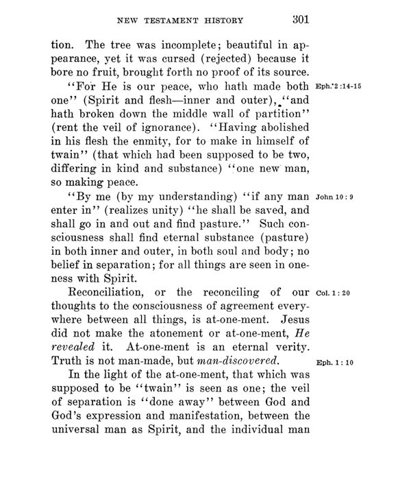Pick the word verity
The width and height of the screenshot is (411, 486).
click(290, 343)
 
